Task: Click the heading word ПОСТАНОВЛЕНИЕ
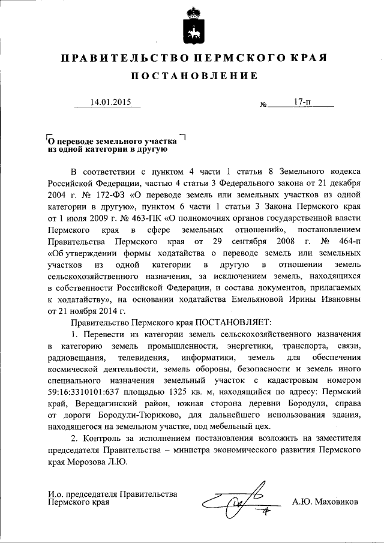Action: pyautogui.click(x=192, y=76)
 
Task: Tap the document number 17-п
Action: pyautogui.click(x=303, y=102)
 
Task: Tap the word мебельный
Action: pyautogui.click(x=225, y=427)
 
